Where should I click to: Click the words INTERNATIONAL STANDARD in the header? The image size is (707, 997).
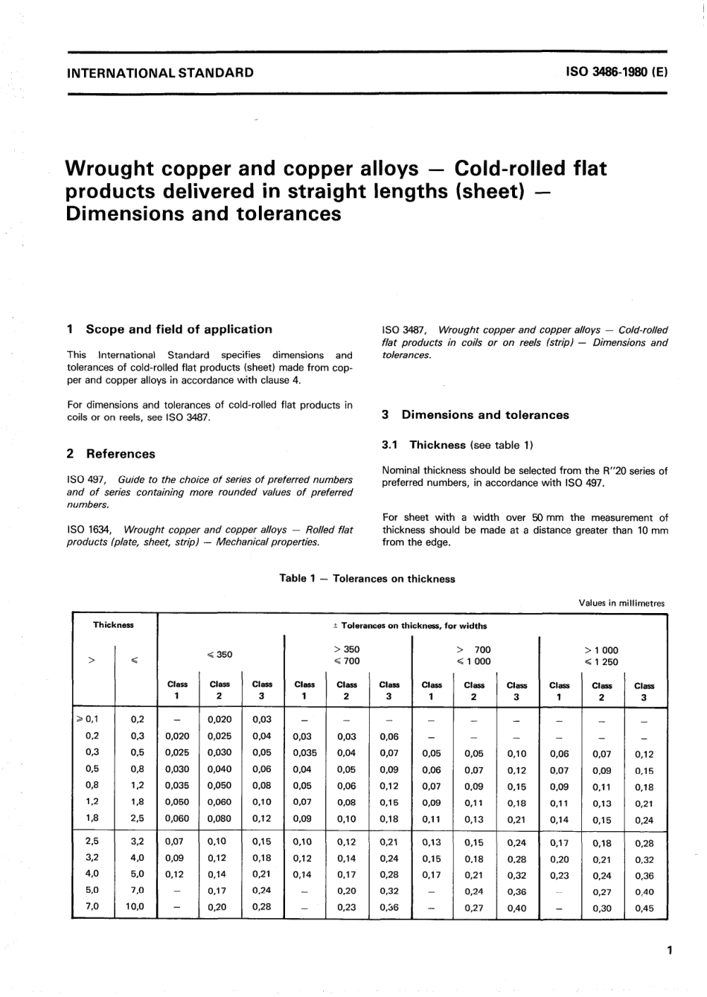click(x=160, y=73)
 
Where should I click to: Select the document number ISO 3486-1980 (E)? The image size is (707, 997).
click(x=617, y=73)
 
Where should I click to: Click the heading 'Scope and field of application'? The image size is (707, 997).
click(x=179, y=330)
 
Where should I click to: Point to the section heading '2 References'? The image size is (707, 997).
click(x=111, y=454)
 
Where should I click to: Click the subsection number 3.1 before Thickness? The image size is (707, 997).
click(x=391, y=445)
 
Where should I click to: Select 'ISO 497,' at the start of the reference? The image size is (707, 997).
click(x=86, y=480)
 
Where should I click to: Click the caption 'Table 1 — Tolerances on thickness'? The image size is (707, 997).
click(x=367, y=579)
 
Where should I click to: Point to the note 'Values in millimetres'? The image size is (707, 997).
click(x=621, y=603)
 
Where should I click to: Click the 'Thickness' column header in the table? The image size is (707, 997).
click(x=113, y=625)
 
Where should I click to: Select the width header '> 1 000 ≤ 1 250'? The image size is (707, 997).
click(x=601, y=655)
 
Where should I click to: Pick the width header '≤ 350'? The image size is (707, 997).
click(x=220, y=655)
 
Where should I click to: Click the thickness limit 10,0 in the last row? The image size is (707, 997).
click(x=135, y=907)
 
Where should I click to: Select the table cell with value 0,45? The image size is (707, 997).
click(x=644, y=908)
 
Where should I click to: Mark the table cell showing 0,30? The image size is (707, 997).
click(x=601, y=908)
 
